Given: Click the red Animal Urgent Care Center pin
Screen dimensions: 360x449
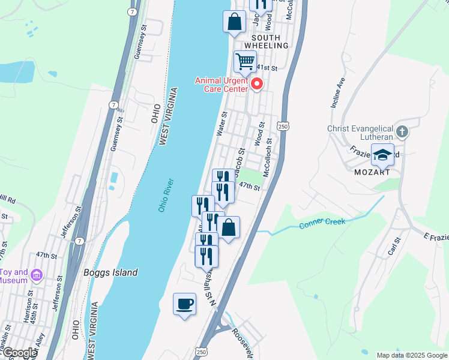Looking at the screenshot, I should [258, 83].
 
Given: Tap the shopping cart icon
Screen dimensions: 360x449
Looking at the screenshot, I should [245, 61].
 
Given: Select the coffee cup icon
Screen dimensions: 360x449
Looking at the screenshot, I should [184, 303].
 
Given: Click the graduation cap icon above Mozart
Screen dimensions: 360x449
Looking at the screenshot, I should [382, 155].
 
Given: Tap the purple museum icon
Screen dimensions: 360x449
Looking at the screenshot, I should [37, 276].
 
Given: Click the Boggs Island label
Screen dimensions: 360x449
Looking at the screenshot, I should [110, 272].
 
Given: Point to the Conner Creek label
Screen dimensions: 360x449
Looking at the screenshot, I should [322, 224].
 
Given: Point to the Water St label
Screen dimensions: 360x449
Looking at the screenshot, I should [221, 123].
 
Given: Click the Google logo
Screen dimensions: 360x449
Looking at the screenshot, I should [19, 353].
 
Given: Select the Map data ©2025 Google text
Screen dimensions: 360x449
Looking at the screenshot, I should [411, 355].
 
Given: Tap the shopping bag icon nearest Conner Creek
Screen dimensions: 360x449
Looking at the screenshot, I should [228, 228].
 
